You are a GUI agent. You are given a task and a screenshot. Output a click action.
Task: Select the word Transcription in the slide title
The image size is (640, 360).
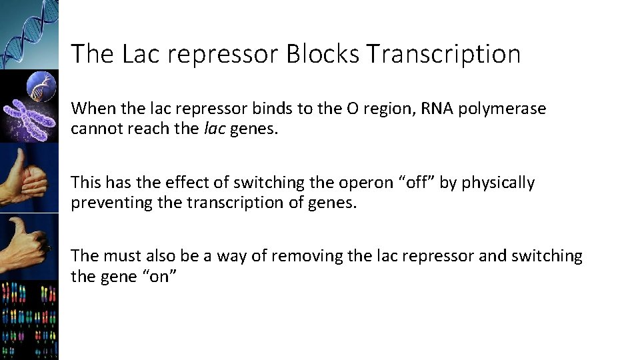tap(443, 54)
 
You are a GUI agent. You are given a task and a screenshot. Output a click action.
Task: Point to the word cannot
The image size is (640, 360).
tap(94, 128)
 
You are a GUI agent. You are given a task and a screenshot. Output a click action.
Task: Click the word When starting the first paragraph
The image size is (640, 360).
tap(92, 109)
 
